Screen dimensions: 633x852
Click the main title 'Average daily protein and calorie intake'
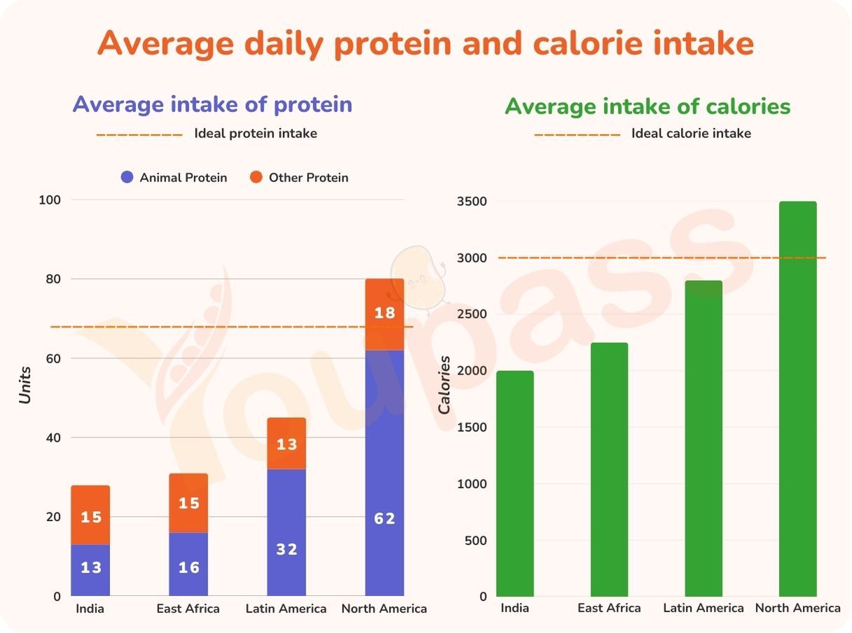(x=425, y=43)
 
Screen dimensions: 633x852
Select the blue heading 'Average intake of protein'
(x=212, y=104)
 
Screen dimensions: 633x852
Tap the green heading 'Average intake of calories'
(x=647, y=106)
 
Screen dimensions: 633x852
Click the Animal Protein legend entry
(x=174, y=178)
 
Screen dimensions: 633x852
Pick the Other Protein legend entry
(x=299, y=178)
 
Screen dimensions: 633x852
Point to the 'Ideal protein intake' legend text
(x=256, y=133)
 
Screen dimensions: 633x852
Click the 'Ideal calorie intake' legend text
(x=691, y=133)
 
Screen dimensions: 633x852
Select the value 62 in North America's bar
(x=385, y=519)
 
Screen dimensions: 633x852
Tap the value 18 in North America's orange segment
(x=385, y=313)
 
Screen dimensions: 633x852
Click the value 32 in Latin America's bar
(x=287, y=550)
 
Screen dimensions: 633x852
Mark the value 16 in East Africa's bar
(x=188, y=566)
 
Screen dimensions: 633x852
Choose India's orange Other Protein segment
(x=90, y=515)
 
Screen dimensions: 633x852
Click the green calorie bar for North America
(x=798, y=399)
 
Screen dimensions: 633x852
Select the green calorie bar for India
(x=515, y=483)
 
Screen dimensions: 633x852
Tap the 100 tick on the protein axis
(x=50, y=200)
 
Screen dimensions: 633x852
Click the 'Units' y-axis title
(x=25, y=384)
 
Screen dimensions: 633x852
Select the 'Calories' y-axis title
(x=444, y=384)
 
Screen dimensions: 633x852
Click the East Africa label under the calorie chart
(x=609, y=608)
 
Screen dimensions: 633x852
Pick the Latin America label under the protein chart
(x=286, y=608)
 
